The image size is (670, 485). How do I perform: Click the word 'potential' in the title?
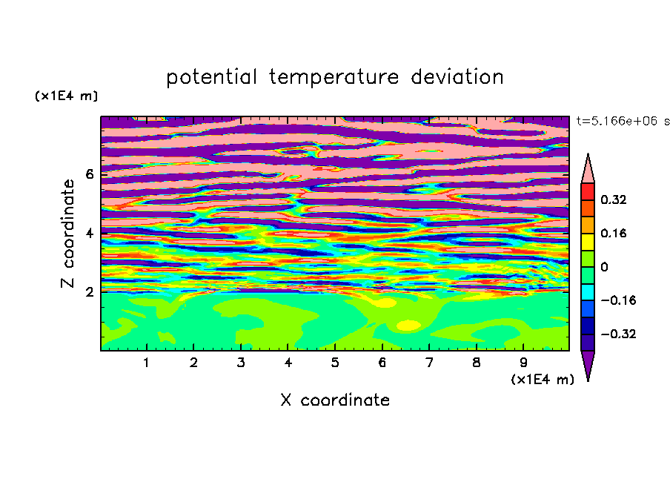(x=211, y=78)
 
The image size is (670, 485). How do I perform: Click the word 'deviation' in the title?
(x=457, y=77)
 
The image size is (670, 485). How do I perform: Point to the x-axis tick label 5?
(x=335, y=363)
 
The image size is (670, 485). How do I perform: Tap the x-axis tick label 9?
(x=523, y=363)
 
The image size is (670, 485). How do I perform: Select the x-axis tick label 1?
(x=147, y=363)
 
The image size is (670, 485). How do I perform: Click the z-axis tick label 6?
(x=89, y=174)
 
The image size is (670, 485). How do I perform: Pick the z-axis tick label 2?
(x=89, y=291)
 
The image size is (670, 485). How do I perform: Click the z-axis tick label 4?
(x=89, y=233)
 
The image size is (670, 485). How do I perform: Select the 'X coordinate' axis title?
(x=335, y=400)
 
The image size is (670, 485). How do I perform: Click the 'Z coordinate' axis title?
(x=67, y=233)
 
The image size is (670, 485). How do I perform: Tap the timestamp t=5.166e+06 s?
(x=623, y=121)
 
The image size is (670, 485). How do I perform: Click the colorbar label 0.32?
(x=613, y=199)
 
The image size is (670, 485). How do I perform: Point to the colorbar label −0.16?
(x=618, y=300)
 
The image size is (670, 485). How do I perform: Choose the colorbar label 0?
(x=604, y=267)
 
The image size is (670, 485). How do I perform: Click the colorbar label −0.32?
(x=618, y=334)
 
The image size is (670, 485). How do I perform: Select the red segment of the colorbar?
(x=588, y=191)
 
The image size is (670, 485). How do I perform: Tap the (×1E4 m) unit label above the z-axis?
(x=66, y=96)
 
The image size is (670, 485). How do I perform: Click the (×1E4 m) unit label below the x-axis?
(x=543, y=380)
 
